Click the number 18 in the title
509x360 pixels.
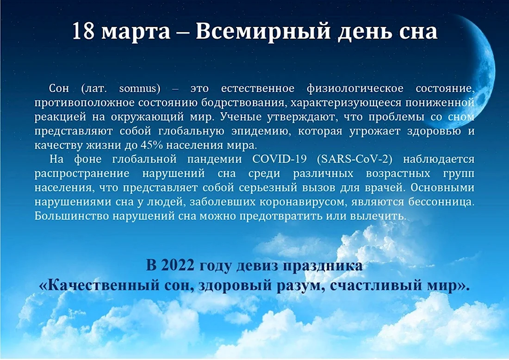pyautogui.click(x=83, y=31)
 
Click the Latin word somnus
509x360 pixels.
pyautogui.click(x=140, y=88)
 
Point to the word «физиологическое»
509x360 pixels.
pyautogui.click(x=355, y=89)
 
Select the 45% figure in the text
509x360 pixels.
pyautogui.click(x=151, y=145)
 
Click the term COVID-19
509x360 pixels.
pyautogui.click(x=279, y=159)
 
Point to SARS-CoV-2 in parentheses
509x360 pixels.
pyautogui.click(x=355, y=160)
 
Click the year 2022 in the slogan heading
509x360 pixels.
pyautogui.click(x=178, y=265)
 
